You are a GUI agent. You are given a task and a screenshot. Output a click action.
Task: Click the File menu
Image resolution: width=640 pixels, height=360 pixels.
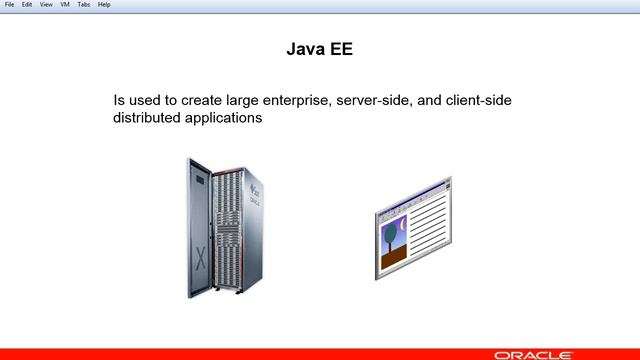tap(9, 5)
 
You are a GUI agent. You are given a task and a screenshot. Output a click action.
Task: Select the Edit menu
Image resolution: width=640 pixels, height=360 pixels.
tap(27, 5)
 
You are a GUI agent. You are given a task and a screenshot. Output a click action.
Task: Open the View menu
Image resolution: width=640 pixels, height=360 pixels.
tap(46, 5)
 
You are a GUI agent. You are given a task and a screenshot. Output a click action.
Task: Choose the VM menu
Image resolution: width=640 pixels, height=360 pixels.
tap(65, 5)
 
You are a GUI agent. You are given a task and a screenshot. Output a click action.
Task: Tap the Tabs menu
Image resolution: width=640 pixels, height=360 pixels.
tap(84, 5)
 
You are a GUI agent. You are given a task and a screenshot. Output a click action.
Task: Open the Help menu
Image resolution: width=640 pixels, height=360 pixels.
tap(104, 5)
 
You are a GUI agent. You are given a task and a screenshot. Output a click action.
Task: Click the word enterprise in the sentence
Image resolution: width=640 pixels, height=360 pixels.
tap(291, 101)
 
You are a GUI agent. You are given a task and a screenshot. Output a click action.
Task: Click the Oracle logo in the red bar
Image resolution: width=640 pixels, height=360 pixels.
tap(541, 353)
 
